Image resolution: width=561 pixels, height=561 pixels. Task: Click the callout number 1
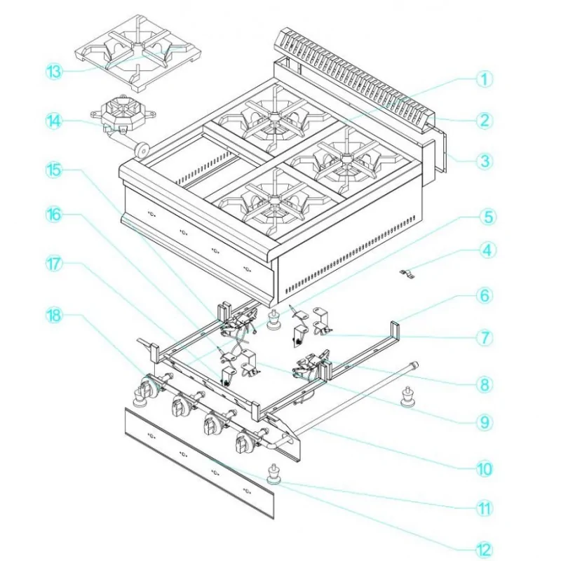482,79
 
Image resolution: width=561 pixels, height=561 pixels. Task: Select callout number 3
482,160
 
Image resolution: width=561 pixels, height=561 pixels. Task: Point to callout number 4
482,249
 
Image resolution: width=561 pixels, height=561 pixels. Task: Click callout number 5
482,217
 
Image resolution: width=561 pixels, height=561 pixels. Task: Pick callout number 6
482,296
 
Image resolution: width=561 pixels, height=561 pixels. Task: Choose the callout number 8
482,384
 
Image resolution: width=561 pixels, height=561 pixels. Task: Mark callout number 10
482,468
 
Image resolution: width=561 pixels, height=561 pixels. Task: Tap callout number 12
482,549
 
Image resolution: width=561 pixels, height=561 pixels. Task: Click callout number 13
55,72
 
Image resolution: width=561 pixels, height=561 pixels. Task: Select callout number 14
55,120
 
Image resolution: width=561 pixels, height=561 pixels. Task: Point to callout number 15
55,169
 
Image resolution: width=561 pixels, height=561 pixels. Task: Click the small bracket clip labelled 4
405,273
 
